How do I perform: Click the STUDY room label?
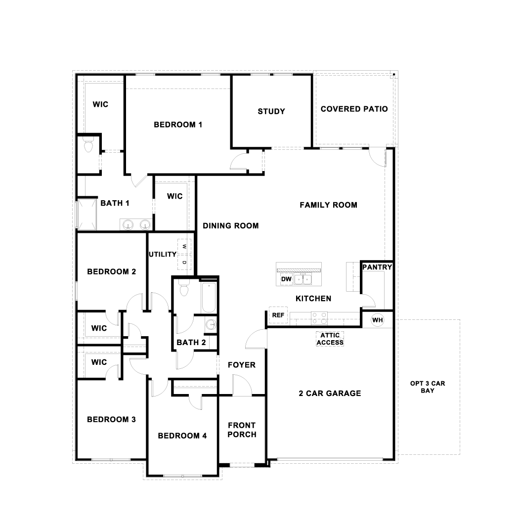pyautogui.click(x=271, y=111)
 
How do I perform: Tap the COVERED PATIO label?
pyautogui.click(x=354, y=109)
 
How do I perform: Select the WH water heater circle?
pyautogui.click(x=378, y=320)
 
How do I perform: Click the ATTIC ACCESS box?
pyautogui.click(x=330, y=339)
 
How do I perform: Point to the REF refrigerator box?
pyautogui.click(x=278, y=315)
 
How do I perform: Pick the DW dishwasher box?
pyautogui.click(x=286, y=279)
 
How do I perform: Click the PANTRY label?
pyautogui.click(x=377, y=267)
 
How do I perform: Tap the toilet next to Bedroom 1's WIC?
pyautogui.click(x=89, y=146)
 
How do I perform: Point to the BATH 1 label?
pyautogui.click(x=115, y=203)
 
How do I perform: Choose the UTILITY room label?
pyautogui.click(x=162, y=254)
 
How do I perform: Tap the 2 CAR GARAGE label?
pyautogui.click(x=330, y=394)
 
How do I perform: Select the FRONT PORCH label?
pyautogui.click(x=242, y=430)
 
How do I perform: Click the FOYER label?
pyautogui.click(x=241, y=365)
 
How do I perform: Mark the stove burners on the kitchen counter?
pyautogui.click(x=319, y=316)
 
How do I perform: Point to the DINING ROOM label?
pyautogui.click(x=231, y=226)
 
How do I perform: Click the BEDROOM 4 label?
pyautogui.click(x=182, y=436)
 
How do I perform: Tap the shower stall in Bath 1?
pyautogui.click(x=88, y=214)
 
